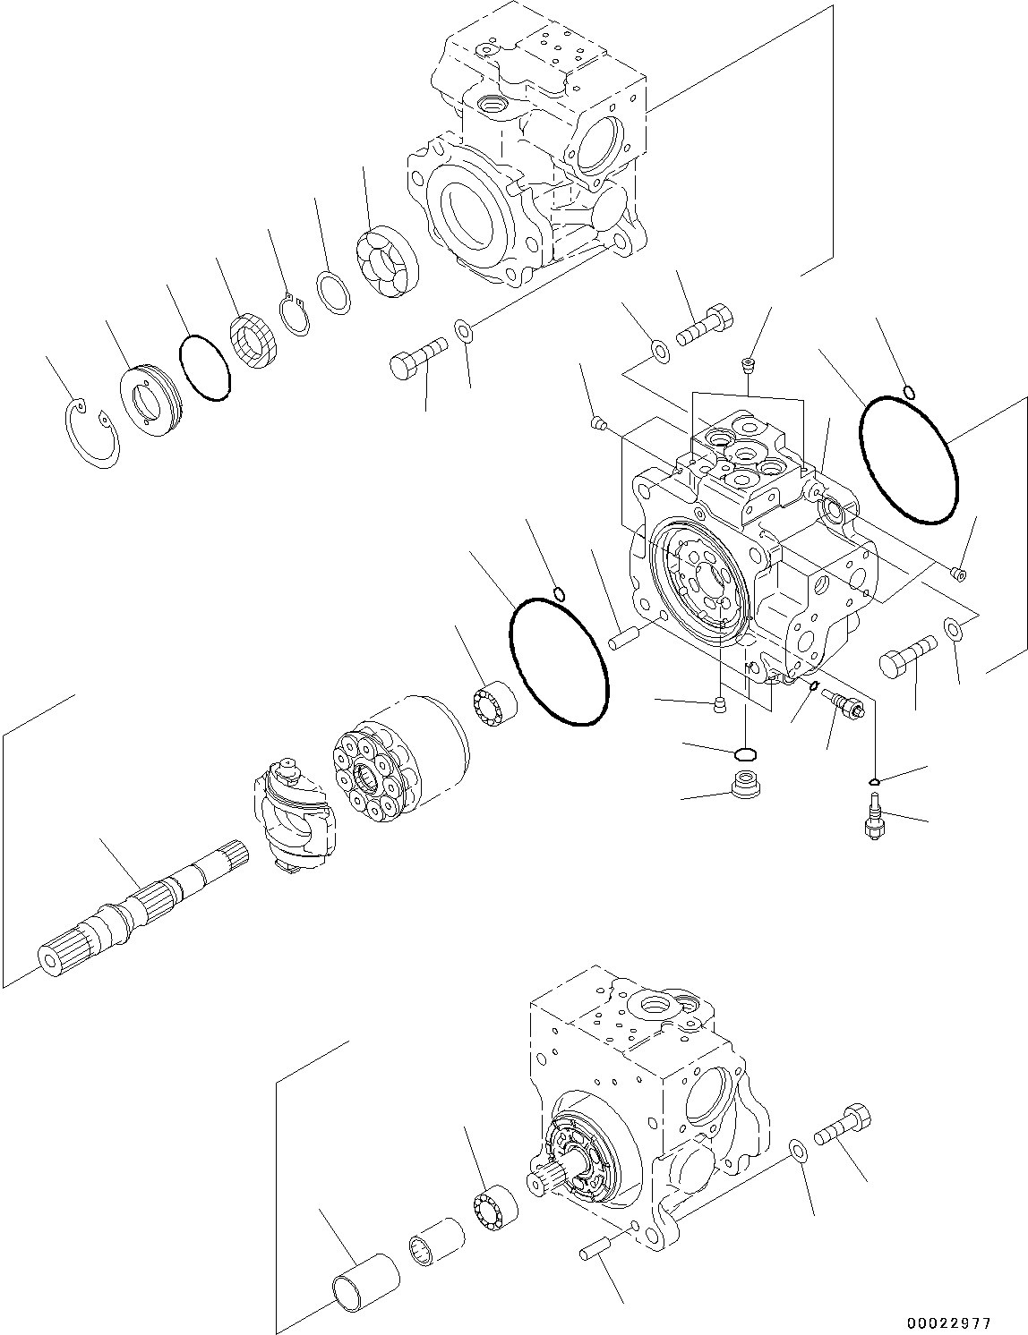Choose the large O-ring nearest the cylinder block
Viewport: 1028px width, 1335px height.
click(x=559, y=661)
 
